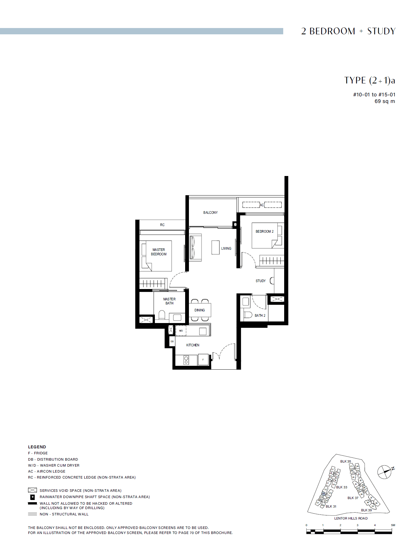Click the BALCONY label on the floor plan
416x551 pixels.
click(x=210, y=213)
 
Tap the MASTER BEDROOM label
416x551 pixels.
click(x=159, y=252)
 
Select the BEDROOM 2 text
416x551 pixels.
click(x=264, y=231)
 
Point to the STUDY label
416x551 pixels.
click(x=261, y=281)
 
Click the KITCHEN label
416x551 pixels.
click(x=193, y=345)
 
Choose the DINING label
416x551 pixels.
click(x=200, y=310)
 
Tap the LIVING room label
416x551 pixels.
click(x=226, y=248)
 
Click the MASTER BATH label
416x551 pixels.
click(x=169, y=301)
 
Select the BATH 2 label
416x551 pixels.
click(x=260, y=315)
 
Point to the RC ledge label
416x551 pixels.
click(x=162, y=225)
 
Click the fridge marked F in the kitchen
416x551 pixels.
click(x=203, y=360)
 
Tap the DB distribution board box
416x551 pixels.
click(x=172, y=341)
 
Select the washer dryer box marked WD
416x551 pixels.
click(x=181, y=331)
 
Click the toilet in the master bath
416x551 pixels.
click(x=162, y=315)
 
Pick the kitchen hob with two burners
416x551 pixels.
click(x=186, y=360)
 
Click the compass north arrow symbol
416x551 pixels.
click(x=385, y=472)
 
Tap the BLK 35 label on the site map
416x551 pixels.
click(x=345, y=461)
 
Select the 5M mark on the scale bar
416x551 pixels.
click(x=393, y=525)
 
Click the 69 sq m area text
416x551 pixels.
click(x=384, y=101)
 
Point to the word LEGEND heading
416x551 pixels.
click(x=37, y=447)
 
